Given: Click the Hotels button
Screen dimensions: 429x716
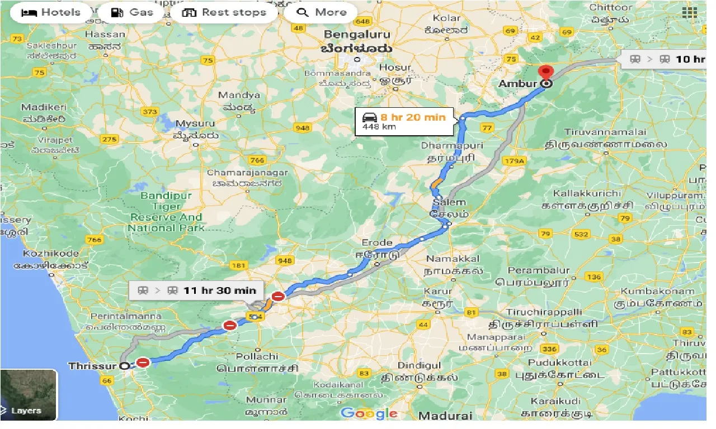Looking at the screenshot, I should tap(50, 12).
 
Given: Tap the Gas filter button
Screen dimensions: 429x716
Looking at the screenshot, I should tap(132, 12).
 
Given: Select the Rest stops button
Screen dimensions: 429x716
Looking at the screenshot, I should tap(224, 12).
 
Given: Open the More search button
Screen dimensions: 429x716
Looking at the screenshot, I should tap(321, 12).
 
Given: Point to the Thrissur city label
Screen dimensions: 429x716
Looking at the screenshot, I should tap(92, 366).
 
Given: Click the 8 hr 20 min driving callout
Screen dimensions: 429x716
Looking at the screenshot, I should tap(404, 121).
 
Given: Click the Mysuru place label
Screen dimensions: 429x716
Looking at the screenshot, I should tap(195, 123).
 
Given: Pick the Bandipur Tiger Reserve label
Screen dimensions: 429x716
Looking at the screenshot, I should tap(166, 212).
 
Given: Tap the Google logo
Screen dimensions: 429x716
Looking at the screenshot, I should tap(369, 413).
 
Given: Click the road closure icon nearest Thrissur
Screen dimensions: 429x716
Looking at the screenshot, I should tap(143, 363).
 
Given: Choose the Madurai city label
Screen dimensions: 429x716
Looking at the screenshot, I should tap(445, 416).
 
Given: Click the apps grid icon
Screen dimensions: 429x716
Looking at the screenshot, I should tap(689, 12).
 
